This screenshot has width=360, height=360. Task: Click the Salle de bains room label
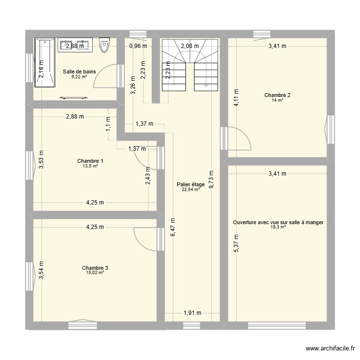click(x=79, y=72)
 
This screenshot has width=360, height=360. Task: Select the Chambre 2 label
click(x=277, y=95)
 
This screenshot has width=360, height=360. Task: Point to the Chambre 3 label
click(x=92, y=268)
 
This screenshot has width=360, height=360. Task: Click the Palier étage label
click(x=191, y=184)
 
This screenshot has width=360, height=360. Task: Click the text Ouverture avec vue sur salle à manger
click(x=278, y=222)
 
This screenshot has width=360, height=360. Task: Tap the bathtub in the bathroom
click(x=44, y=64)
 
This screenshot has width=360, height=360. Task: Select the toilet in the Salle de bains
click(x=104, y=46)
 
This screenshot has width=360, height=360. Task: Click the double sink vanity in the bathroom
click(x=74, y=46)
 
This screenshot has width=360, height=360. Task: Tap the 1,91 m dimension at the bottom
click(x=192, y=313)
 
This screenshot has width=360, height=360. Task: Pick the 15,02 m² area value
click(x=91, y=273)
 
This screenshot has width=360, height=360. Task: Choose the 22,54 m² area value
click(x=191, y=190)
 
